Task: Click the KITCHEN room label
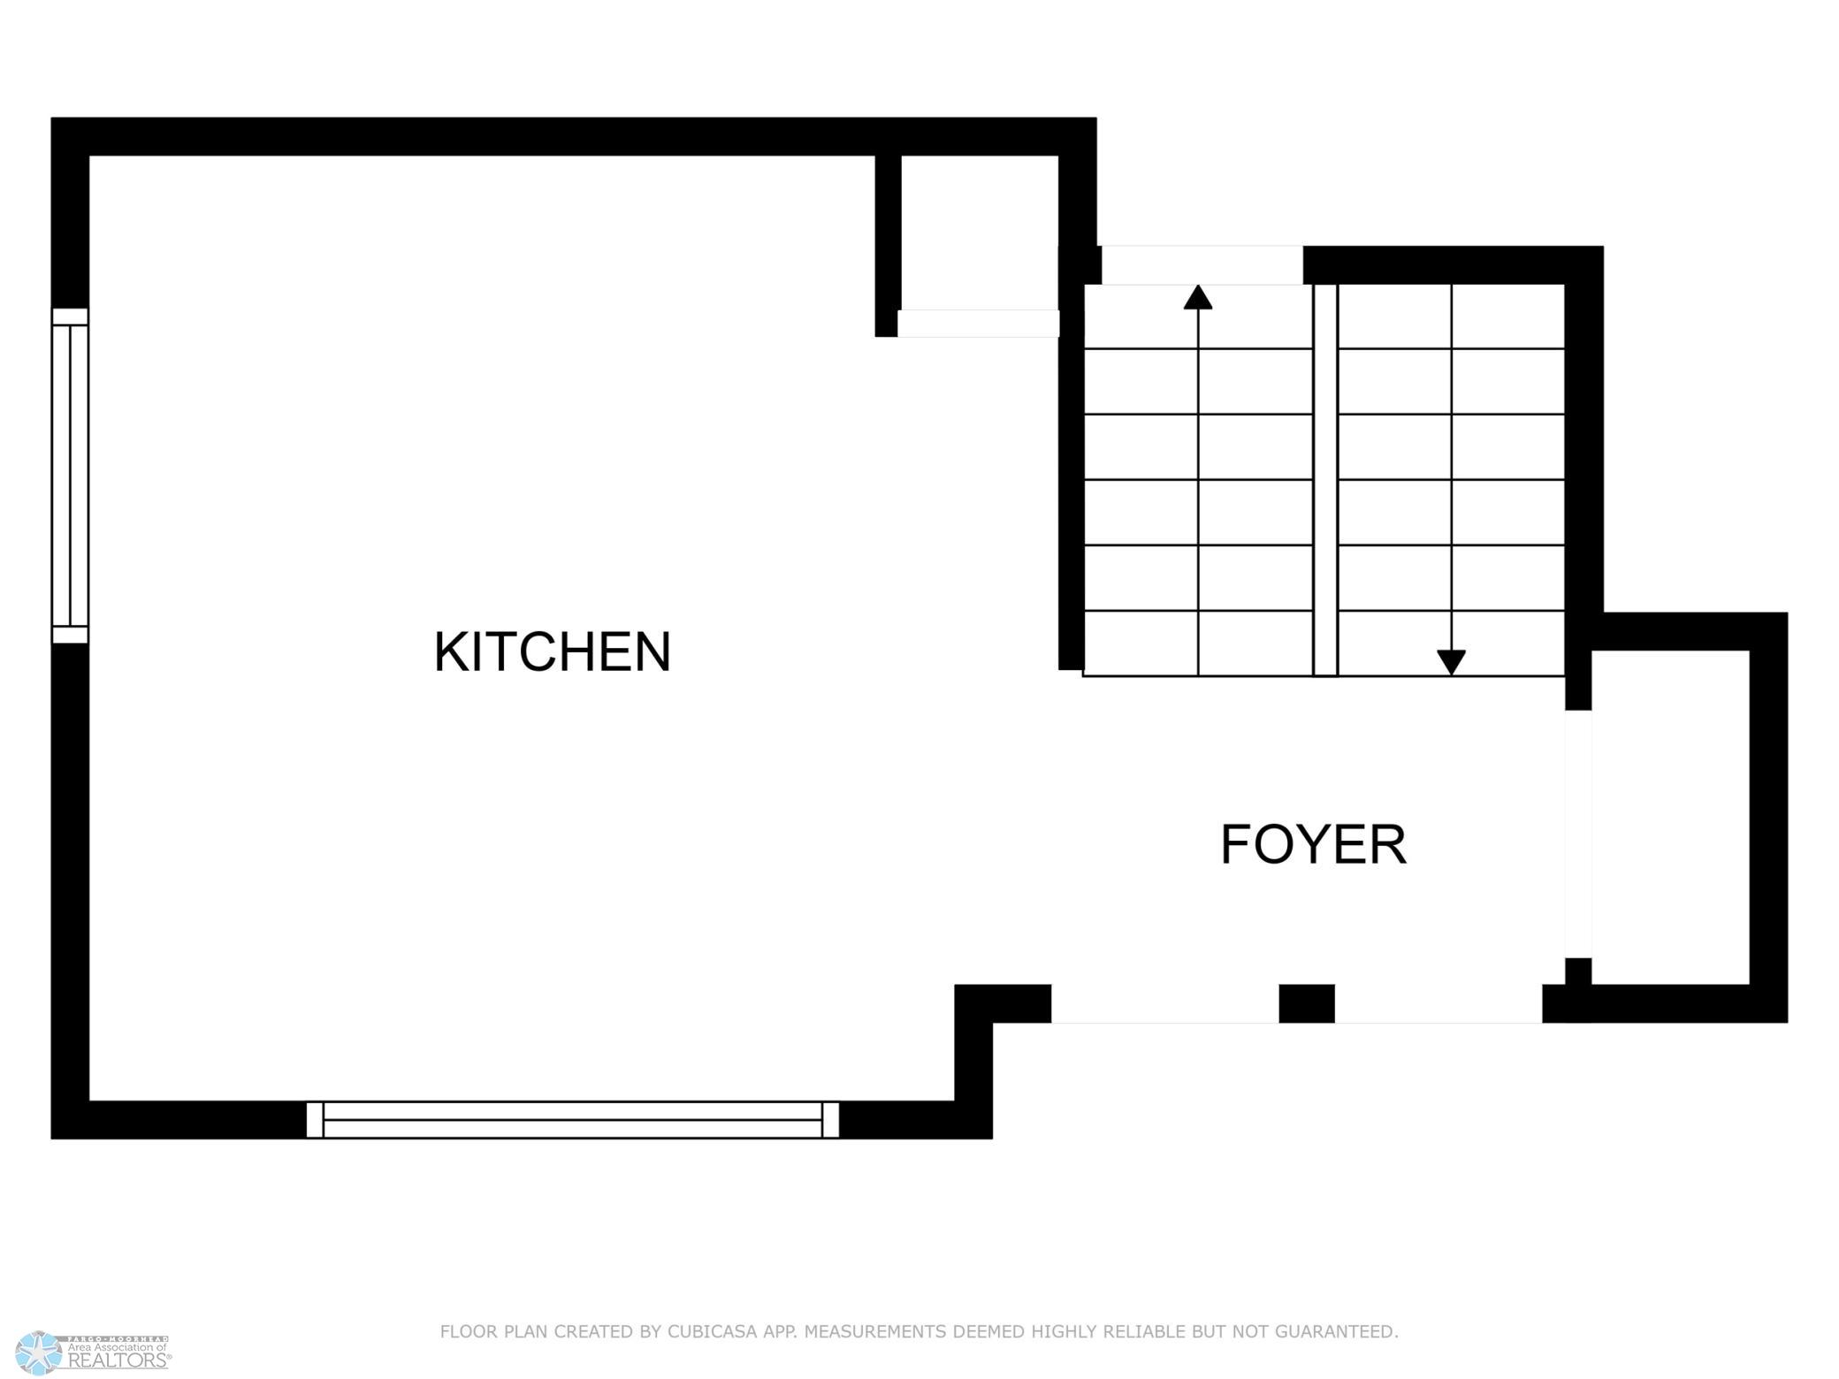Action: [x=553, y=651]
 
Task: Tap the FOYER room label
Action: [x=1313, y=844]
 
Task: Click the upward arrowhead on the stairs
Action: [x=1198, y=297]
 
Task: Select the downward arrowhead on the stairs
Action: [x=1451, y=662]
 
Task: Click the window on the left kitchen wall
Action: [x=70, y=476]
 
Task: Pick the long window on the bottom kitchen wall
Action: [x=573, y=1119]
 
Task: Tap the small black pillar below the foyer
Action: [x=1307, y=1003]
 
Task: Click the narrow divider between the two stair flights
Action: [x=1325, y=480]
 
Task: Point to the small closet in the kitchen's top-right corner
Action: [x=980, y=232]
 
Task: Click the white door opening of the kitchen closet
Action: [x=979, y=324]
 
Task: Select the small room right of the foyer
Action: [x=1670, y=817]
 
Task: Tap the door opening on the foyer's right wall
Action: [x=1578, y=834]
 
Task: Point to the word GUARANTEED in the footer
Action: [x=1339, y=1331]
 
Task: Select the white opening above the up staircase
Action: [x=1202, y=265]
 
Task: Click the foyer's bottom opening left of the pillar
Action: [x=1165, y=1003]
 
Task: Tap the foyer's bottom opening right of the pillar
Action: [x=1438, y=1003]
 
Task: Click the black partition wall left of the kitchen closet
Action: [x=888, y=246]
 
